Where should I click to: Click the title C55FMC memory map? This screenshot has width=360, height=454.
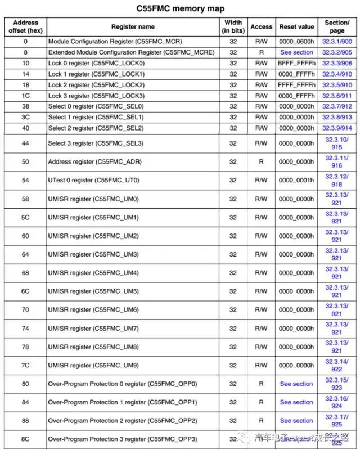click(181, 8)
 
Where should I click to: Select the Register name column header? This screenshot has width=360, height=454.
click(133, 26)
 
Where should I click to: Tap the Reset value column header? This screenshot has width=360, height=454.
click(296, 26)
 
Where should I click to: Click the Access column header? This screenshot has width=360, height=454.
click(261, 26)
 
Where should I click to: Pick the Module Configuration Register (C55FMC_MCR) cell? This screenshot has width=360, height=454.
click(115, 42)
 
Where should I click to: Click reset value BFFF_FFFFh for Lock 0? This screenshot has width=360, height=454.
click(296, 63)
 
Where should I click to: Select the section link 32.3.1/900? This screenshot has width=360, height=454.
click(337, 42)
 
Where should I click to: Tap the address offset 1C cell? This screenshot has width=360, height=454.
click(25, 96)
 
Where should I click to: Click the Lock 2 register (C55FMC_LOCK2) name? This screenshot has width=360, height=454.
click(96, 85)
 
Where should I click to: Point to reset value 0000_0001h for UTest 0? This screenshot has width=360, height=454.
click(296, 181)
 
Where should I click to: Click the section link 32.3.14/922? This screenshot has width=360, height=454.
click(337, 366)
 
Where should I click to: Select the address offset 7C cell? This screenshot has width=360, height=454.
click(25, 366)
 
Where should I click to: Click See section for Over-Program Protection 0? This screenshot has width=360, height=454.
click(296, 384)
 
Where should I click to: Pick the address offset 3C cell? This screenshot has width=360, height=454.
click(25, 117)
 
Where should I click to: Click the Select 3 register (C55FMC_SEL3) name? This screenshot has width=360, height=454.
click(96, 143)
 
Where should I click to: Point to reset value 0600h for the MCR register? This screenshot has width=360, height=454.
click(296, 42)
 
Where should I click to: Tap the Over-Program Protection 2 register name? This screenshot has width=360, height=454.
click(123, 421)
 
